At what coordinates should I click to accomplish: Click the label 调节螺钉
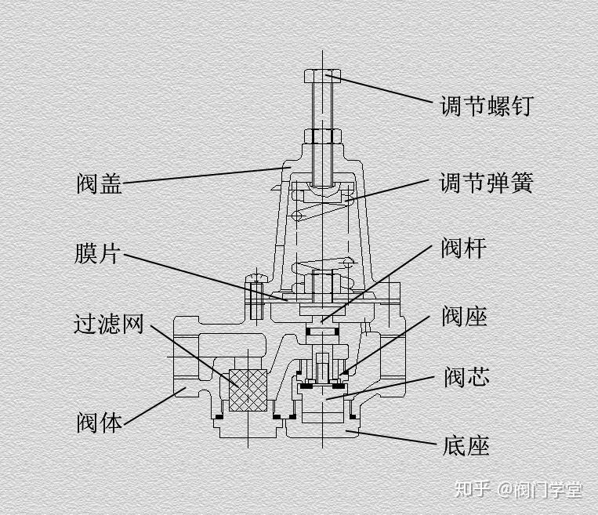point(487,105)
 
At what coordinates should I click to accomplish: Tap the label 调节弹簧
point(487,183)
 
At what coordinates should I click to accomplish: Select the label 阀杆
point(464,249)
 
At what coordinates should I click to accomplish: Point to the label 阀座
point(464,317)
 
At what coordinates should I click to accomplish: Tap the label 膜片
point(100,253)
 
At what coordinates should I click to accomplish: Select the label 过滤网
point(110,323)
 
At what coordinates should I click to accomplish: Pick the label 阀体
point(100,423)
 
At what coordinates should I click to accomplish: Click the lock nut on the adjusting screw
point(322,136)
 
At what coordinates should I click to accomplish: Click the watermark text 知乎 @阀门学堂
point(519,491)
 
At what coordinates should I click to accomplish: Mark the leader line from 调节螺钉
point(384,89)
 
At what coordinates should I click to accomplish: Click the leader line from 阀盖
point(204,175)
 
